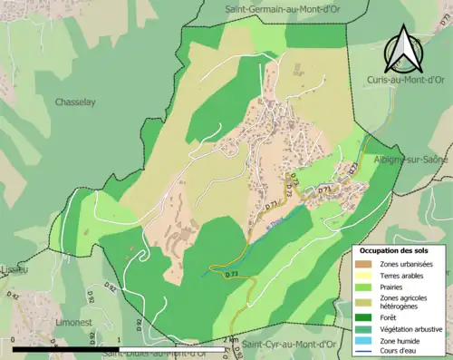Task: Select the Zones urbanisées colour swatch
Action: (x=364, y=238)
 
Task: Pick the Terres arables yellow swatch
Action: (x=364, y=251)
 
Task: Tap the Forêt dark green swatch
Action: (x=364, y=292)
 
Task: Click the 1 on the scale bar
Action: (x=120, y=342)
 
